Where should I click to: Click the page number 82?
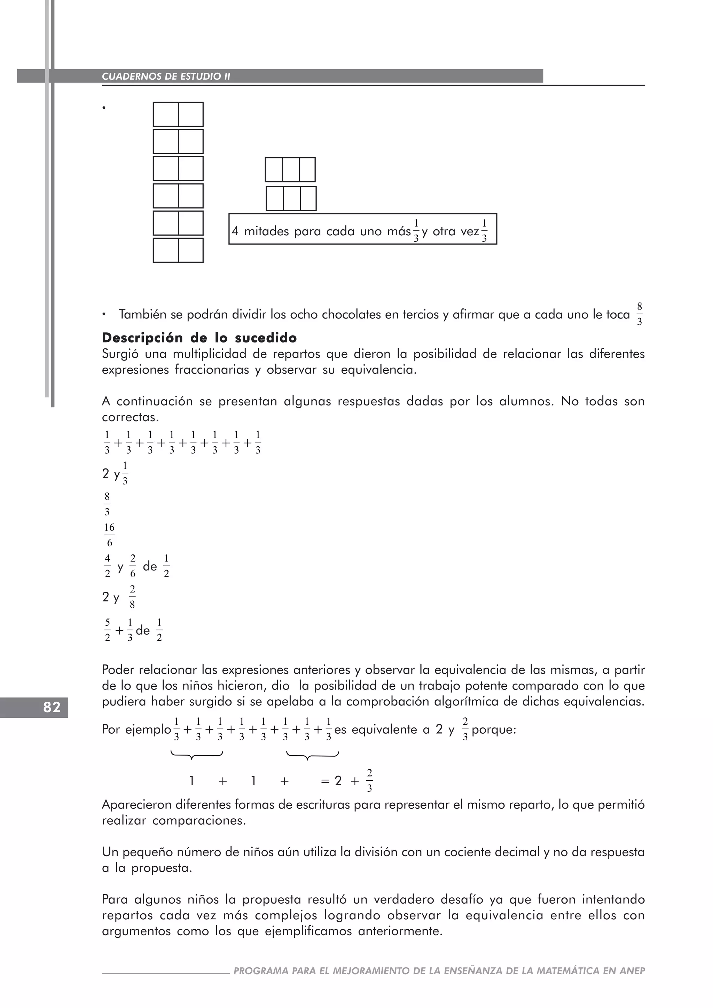coord(52,707)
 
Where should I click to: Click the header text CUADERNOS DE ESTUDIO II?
coord(166,76)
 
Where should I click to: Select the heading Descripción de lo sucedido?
coord(199,338)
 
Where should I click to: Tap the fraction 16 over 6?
coord(109,535)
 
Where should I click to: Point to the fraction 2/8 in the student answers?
coord(132,597)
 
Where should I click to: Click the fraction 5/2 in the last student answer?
coord(107,630)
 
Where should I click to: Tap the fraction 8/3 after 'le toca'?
coord(639,314)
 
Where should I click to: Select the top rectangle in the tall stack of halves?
coord(178,114)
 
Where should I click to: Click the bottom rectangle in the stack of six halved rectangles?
coord(178,250)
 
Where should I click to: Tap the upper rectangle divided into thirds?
coord(290,170)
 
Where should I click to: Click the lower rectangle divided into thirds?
coord(291,198)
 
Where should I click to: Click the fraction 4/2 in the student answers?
coord(107,566)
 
